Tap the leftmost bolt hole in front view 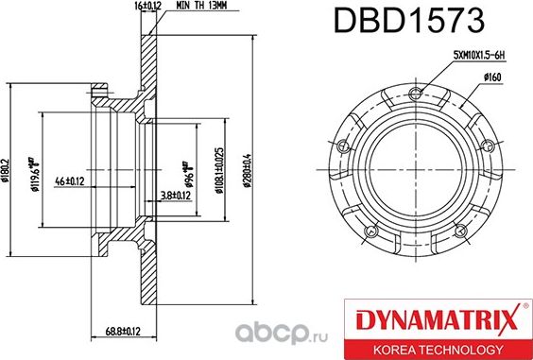(x=342, y=146)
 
